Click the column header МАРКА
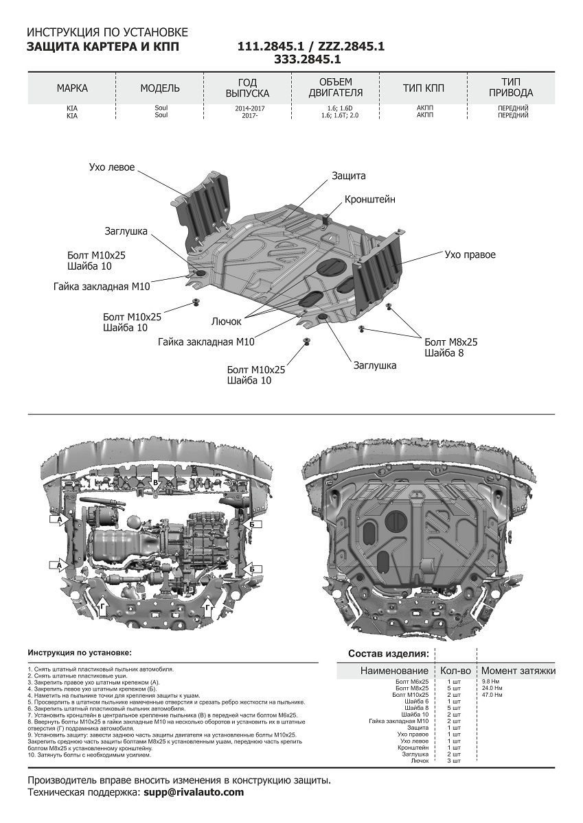coord(72,88)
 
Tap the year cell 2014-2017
coord(245,108)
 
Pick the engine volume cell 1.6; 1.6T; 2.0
coord(339,116)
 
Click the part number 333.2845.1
coord(308,60)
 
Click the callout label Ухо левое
coord(112,167)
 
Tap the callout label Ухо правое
coord(470,254)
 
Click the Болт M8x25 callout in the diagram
coord(450,342)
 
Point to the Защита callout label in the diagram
coord(349,176)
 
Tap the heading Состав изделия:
coord(389,654)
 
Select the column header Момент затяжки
coord(518,671)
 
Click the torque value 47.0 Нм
coord(492,695)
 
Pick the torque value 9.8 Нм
coord(491,681)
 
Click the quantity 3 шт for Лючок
coord(454,761)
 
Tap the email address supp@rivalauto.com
coord(193,792)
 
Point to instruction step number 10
coord(31,755)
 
